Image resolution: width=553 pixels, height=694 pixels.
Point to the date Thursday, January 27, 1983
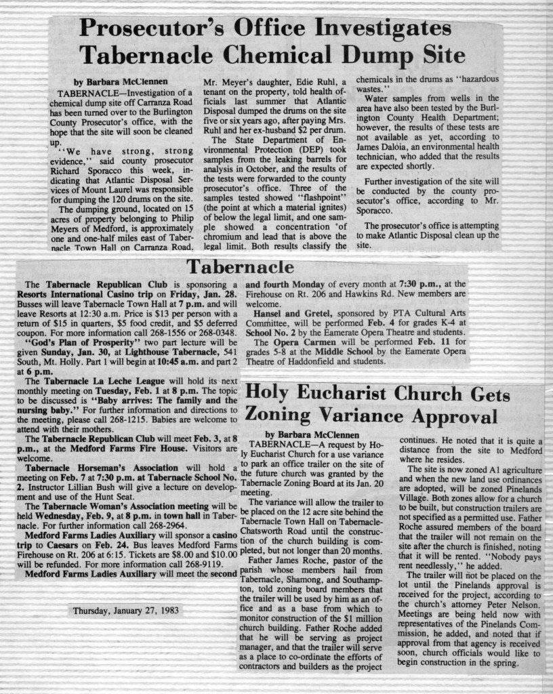(x=126, y=610)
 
